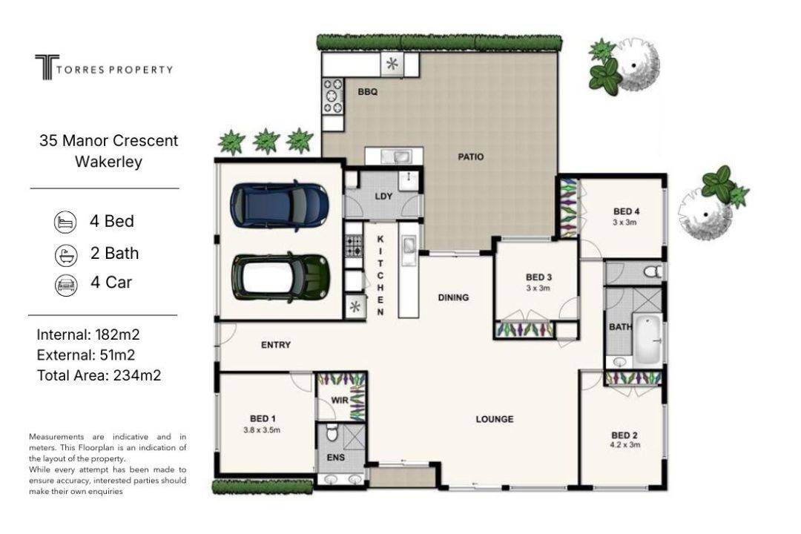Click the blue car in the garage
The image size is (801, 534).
279,205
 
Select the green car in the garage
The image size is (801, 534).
280,277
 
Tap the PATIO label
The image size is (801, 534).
470,157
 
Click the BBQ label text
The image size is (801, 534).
368,92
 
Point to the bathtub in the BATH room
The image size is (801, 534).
647,339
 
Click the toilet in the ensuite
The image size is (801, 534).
332,433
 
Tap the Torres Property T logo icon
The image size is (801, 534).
47,67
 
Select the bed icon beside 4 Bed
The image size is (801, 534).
65,222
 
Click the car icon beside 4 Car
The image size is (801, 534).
66,285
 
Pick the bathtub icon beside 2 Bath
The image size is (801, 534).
66,255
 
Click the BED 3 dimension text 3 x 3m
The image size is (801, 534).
538,289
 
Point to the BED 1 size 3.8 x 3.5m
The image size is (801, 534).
262,429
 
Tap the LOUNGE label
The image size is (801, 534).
495,419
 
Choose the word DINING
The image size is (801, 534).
453,297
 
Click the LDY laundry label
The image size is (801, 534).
383,197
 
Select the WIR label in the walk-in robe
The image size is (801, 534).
340,400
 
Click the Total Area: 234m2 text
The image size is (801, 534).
99,375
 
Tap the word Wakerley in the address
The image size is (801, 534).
108,162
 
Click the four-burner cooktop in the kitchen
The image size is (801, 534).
354,245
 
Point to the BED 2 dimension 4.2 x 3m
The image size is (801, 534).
624,444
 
